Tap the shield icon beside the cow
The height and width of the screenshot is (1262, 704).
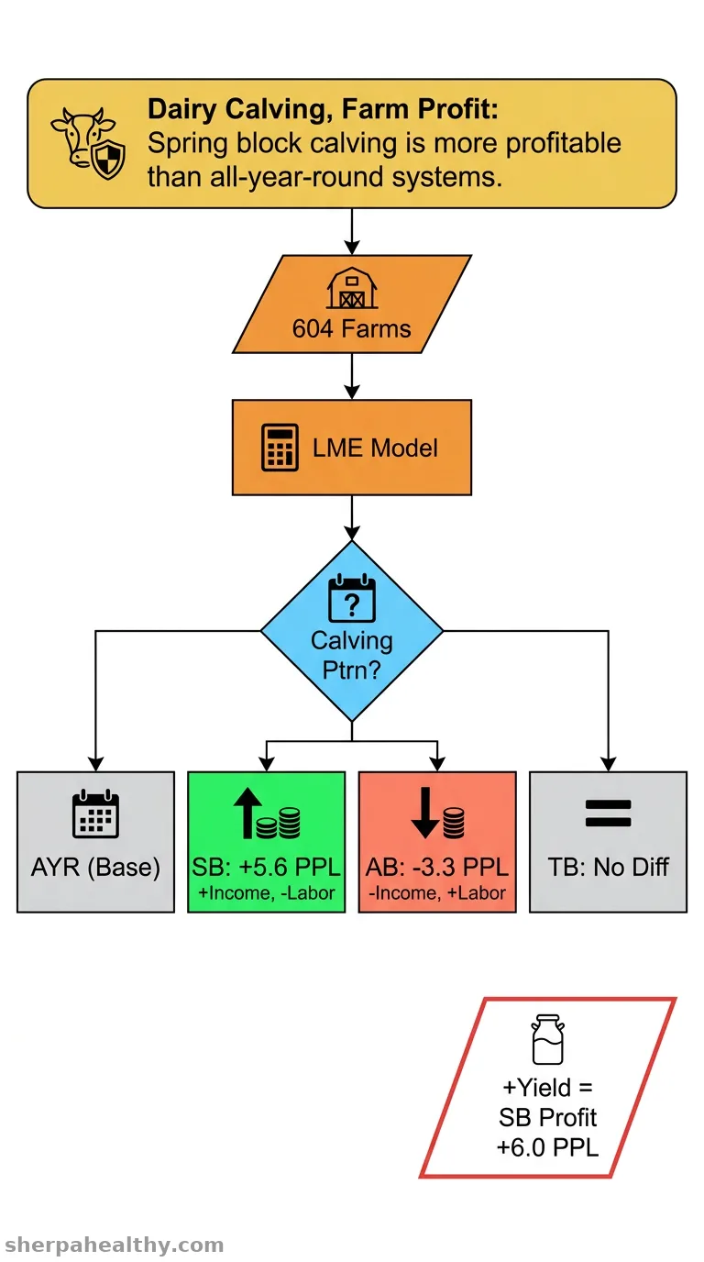pyautogui.click(x=108, y=161)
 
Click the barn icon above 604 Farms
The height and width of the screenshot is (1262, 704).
pyautogui.click(x=352, y=288)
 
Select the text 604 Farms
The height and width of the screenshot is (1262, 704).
pyautogui.click(x=351, y=328)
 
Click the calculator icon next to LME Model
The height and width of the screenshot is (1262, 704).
pyautogui.click(x=280, y=448)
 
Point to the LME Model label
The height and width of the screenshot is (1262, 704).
pyautogui.click(x=375, y=448)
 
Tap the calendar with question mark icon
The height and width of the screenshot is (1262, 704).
pyautogui.click(x=352, y=598)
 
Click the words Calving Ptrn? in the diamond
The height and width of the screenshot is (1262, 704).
pyautogui.click(x=352, y=655)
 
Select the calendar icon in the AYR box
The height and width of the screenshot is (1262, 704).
pyautogui.click(x=95, y=814)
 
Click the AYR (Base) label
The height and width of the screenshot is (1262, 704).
pyautogui.click(x=95, y=867)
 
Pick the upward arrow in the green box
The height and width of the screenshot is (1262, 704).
pyautogui.click(x=247, y=813)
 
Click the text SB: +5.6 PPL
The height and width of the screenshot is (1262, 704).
pyautogui.click(x=267, y=867)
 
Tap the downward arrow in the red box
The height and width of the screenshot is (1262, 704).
pyautogui.click(x=425, y=813)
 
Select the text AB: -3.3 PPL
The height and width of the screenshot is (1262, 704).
pyautogui.click(x=437, y=867)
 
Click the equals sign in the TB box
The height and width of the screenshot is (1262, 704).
pyautogui.click(x=609, y=813)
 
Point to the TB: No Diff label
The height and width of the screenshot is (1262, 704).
pyautogui.click(x=609, y=867)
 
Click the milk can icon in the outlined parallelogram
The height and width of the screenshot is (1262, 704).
pyautogui.click(x=547, y=1039)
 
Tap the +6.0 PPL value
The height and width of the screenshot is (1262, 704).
pyautogui.click(x=547, y=1147)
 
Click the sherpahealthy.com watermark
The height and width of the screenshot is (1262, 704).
pyautogui.click(x=114, y=1244)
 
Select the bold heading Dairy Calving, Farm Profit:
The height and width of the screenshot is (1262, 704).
pyautogui.click(x=324, y=109)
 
